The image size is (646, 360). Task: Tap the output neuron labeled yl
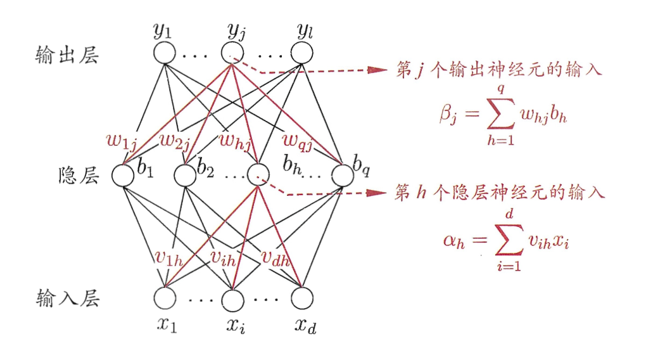pos(301,53)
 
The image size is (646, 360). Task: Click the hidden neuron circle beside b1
pos(123,175)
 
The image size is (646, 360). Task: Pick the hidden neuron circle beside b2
pos(184,175)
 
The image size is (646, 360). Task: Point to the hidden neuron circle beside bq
pos(341,175)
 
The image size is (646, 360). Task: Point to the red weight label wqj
pos(298,140)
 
